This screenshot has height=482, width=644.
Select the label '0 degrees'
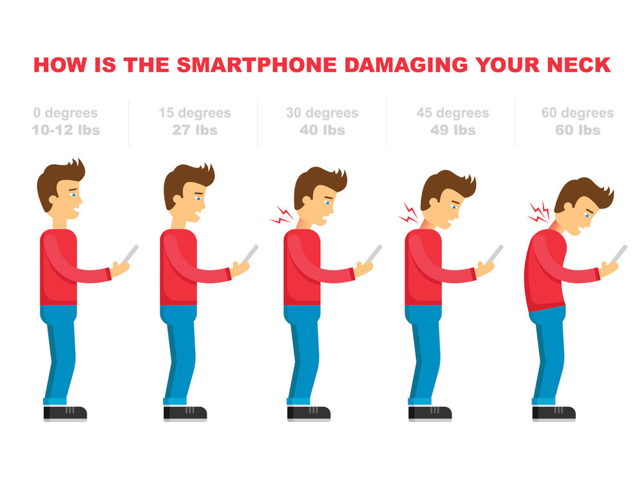(x=66, y=113)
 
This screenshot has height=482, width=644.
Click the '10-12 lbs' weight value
(x=66, y=130)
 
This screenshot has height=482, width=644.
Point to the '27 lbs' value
(x=194, y=130)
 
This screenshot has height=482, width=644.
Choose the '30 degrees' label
(x=322, y=113)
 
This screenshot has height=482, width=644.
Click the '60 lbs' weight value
(x=578, y=130)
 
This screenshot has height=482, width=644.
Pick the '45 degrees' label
(x=453, y=113)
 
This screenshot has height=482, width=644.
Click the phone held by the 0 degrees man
(x=130, y=254)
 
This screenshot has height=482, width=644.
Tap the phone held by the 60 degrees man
(x=620, y=254)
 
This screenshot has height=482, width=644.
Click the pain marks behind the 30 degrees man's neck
(x=281, y=214)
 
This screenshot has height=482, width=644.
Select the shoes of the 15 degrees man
(x=185, y=412)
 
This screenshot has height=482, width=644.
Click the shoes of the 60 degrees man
(x=554, y=412)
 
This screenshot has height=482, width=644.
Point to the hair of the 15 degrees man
(x=187, y=178)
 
